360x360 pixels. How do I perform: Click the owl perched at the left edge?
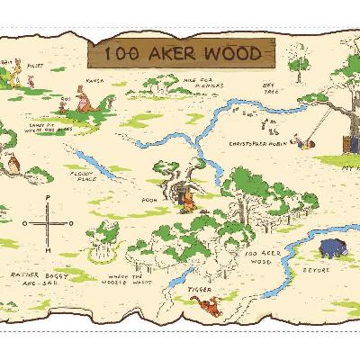[x=10, y=163]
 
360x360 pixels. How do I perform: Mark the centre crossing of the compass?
[x=48, y=223]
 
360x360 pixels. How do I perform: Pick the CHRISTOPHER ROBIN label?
[x=256, y=143]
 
